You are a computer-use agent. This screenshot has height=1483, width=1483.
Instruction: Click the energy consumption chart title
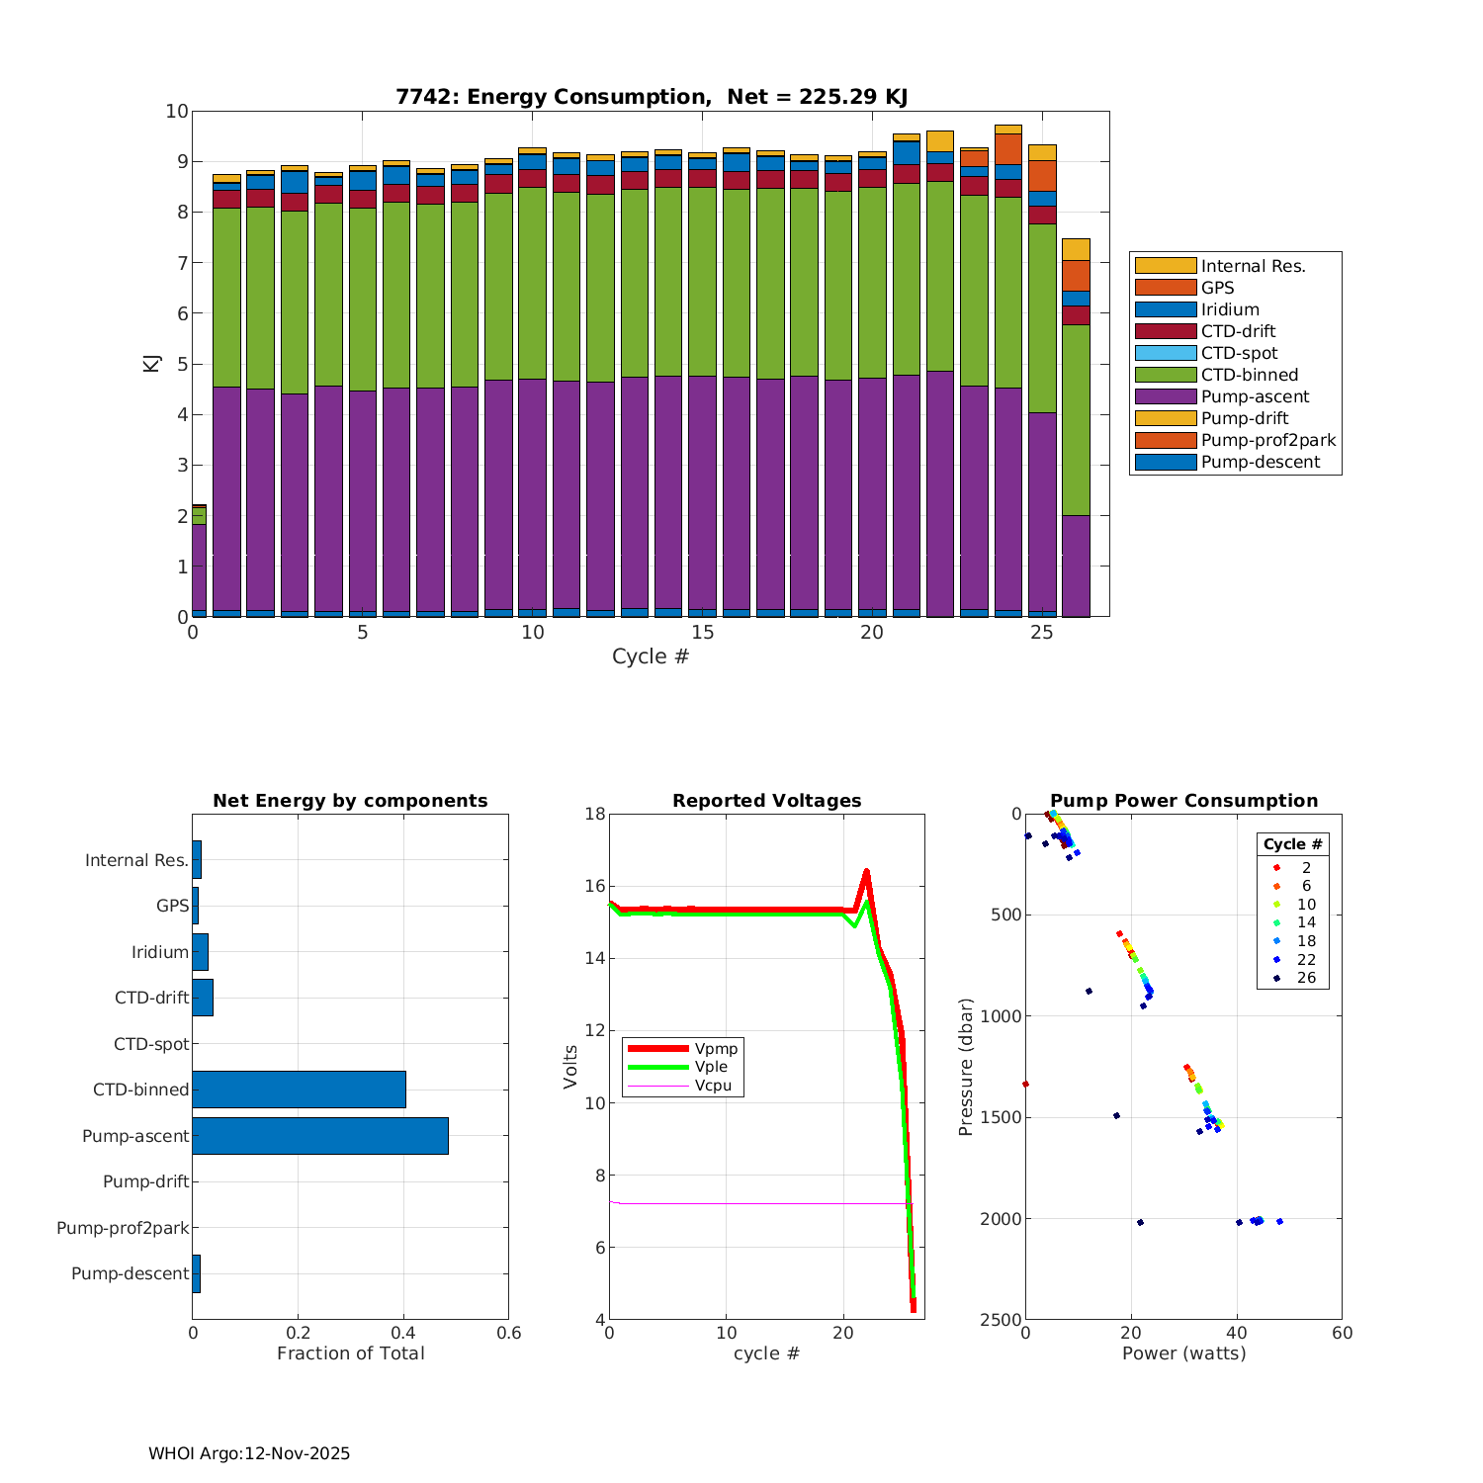click(x=652, y=97)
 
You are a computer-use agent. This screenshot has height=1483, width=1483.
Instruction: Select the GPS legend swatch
click(x=1165, y=288)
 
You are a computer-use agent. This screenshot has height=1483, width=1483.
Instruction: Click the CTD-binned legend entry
click(x=1249, y=375)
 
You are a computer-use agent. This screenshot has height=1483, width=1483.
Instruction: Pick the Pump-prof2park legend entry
click(x=1267, y=440)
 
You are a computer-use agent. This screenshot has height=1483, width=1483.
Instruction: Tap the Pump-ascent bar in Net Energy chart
click(x=320, y=1136)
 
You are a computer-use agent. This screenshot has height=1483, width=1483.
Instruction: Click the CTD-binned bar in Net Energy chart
click(x=299, y=1090)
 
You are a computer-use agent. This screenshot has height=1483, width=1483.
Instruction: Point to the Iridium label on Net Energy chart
click(x=160, y=952)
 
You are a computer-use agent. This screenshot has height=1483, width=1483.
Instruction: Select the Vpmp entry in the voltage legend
click(x=716, y=1048)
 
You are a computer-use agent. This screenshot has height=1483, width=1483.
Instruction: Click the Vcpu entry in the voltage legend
click(x=713, y=1086)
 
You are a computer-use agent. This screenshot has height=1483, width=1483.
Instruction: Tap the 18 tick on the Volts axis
click(x=594, y=814)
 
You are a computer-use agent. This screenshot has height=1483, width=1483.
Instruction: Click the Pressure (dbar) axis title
click(x=966, y=1067)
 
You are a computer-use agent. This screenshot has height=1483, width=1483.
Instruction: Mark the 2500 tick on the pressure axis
click(x=1001, y=1320)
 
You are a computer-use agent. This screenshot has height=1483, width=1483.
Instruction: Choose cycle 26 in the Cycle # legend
click(x=1306, y=978)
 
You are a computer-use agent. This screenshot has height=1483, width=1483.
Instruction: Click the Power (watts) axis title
click(x=1183, y=1353)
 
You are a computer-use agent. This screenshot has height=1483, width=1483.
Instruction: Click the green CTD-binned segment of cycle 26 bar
click(x=1076, y=420)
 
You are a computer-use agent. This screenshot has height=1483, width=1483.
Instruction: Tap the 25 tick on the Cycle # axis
click(x=1042, y=633)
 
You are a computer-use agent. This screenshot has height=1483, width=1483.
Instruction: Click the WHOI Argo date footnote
click(x=249, y=1453)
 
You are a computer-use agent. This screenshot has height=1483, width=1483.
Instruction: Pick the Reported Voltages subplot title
click(x=766, y=801)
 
